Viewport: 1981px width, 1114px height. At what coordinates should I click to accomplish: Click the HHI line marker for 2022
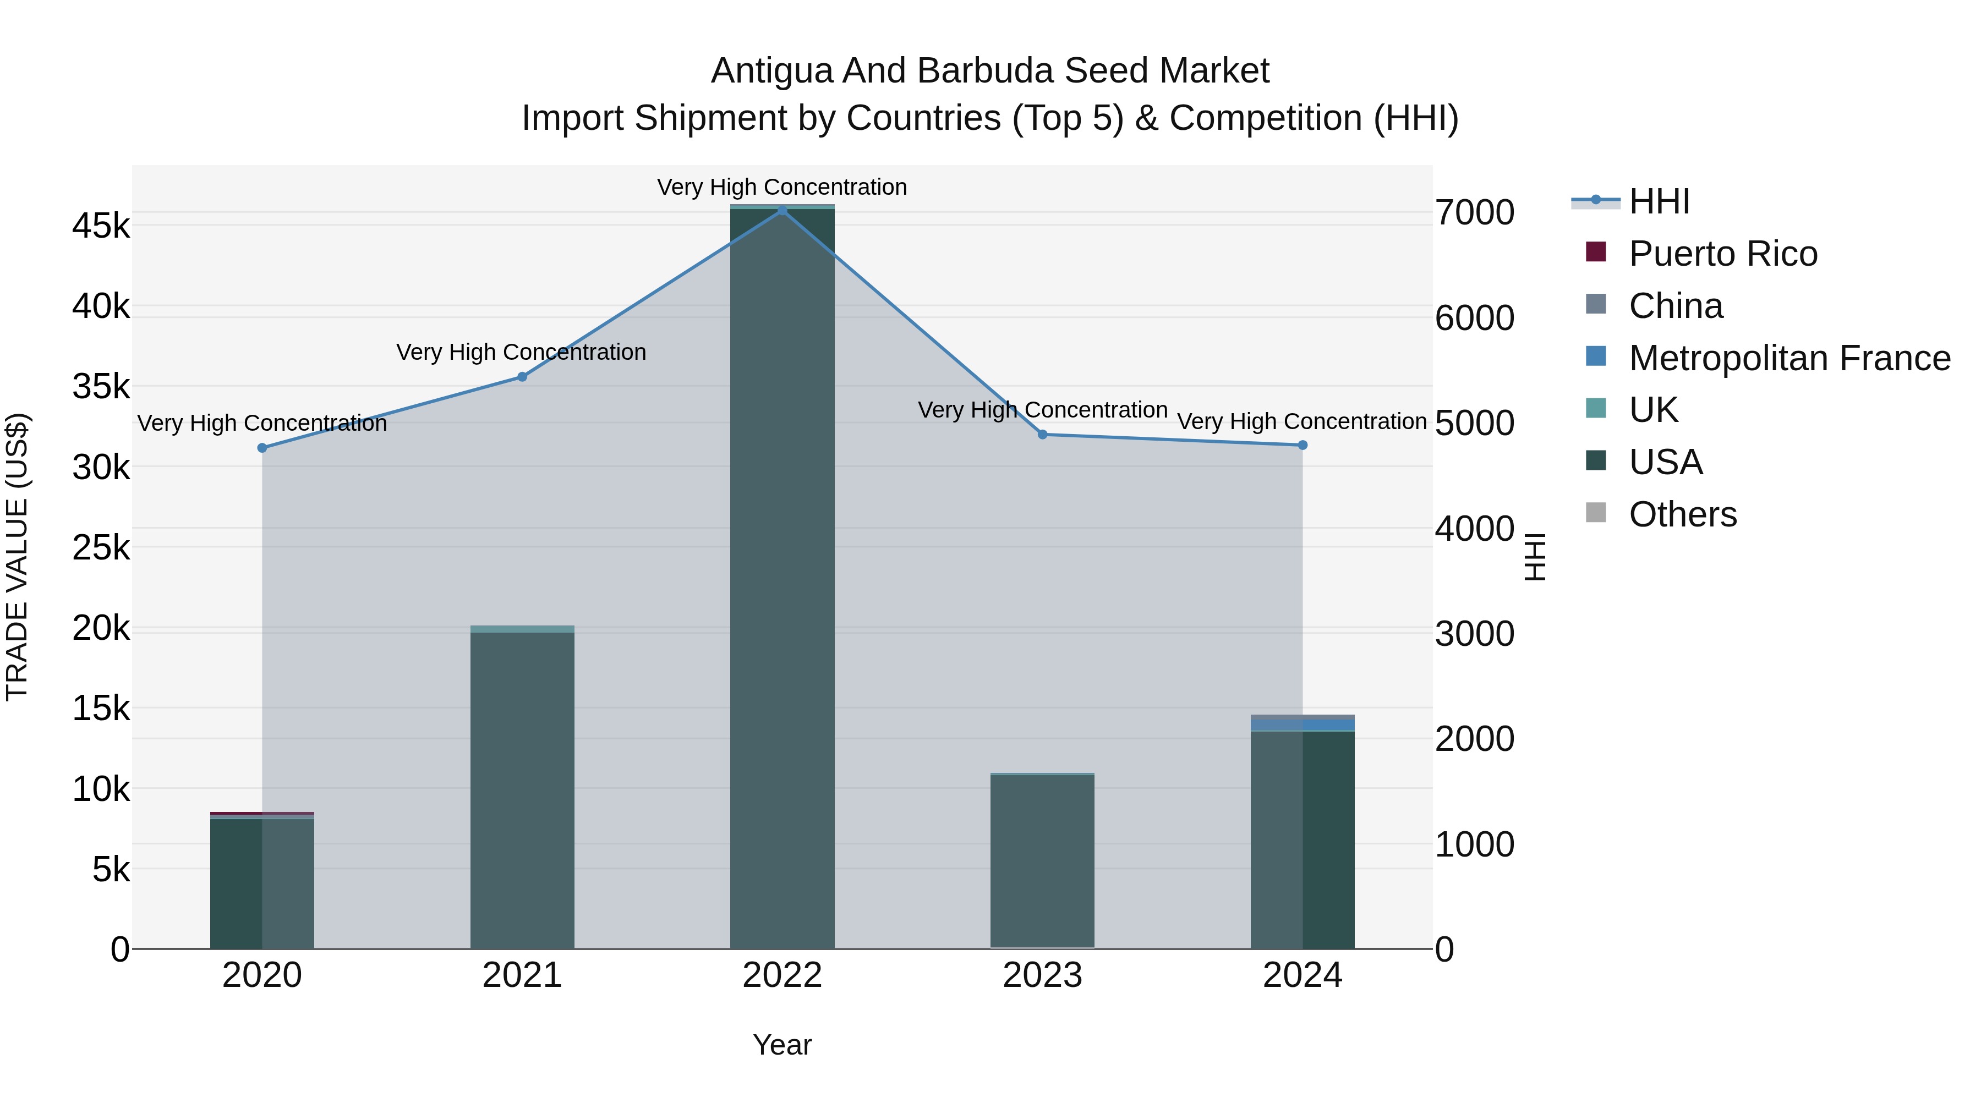782,210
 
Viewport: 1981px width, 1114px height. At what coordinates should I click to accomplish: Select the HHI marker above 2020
262,447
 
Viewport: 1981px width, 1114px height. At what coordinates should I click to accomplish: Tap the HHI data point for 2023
1043,435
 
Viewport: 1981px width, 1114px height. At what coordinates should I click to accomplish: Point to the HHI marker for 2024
1303,445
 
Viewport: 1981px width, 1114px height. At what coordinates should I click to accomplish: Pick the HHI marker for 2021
522,377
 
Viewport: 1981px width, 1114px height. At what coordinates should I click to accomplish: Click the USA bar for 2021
522,792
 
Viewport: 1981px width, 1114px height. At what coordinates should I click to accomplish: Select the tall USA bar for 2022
782,577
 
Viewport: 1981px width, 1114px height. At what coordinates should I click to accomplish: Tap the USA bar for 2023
1043,861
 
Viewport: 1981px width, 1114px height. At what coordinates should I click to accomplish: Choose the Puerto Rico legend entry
1722,254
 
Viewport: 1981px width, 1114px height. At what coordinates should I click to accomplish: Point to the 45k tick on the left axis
101,226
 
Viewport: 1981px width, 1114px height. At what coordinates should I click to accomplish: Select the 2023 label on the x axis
1043,975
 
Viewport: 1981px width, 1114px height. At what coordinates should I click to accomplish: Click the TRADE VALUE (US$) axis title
17,557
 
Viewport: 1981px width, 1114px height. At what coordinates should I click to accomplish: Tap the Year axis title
782,1045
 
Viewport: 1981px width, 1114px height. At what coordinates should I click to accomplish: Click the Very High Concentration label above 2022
782,187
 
